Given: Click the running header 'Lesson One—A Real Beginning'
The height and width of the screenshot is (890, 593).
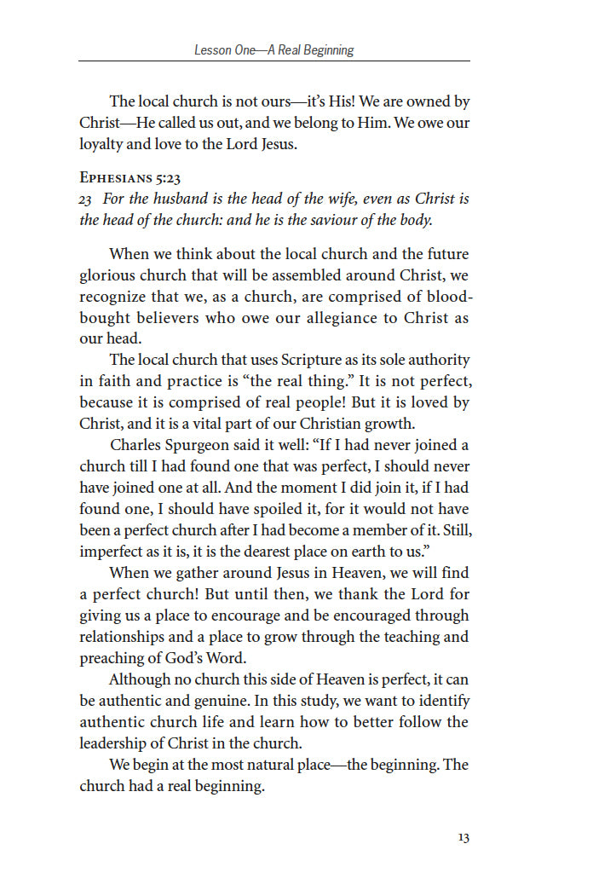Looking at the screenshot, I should pyautogui.click(x=273, y=50).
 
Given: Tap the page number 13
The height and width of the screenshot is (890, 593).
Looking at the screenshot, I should pyautogui.click(x=463, y=838).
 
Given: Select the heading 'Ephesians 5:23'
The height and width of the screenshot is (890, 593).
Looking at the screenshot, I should pyautogui.click(x=130, y=177).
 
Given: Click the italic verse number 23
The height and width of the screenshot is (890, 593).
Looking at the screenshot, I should pyautogui.click(x=86, y=199).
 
